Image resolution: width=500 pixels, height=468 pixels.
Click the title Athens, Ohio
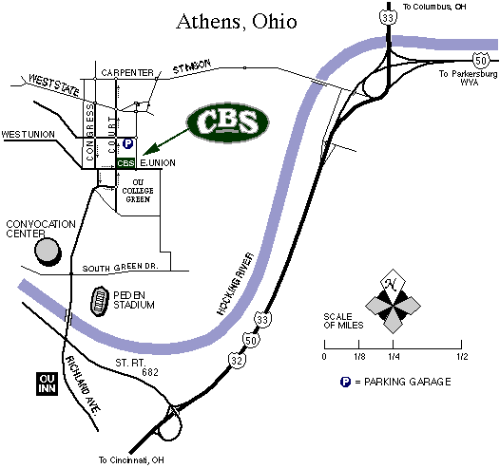tap(236, 22)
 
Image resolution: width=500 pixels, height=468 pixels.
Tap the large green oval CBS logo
tap(228, 120)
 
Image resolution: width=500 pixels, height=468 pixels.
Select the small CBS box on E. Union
tap(126, 163)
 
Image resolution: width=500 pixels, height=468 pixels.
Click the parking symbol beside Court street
tap(127, 144)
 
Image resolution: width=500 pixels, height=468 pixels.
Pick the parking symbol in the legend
tap(345, 382)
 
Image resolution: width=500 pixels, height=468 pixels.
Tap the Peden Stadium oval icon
tap(100, 303)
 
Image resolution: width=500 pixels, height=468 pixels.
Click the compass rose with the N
tap(392, 303)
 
